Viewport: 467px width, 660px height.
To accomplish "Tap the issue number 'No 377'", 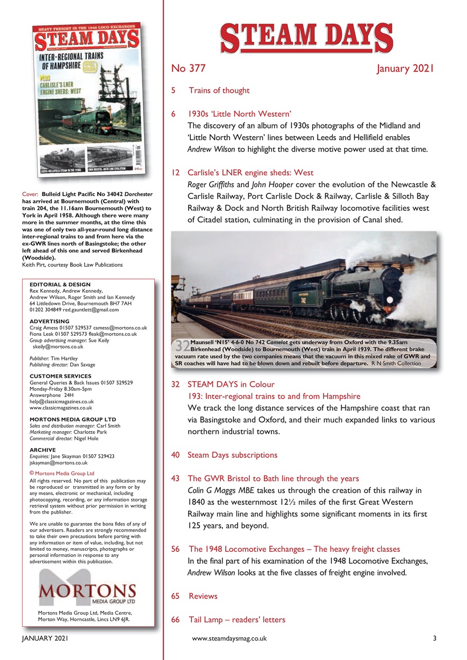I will click(188, 69).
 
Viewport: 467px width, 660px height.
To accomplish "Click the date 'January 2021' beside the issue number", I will click(406, 69).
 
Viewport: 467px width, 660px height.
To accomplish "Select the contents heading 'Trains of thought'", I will click(219, 91).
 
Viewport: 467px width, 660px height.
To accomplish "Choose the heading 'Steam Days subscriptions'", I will click(232, 455).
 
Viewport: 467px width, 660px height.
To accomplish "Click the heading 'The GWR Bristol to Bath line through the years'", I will click(273, 478).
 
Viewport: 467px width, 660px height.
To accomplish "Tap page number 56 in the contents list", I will click(175, 549).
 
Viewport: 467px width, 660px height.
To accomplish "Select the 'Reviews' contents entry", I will click(203, 596).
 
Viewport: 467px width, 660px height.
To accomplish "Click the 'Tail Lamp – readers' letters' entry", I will click(236, 619).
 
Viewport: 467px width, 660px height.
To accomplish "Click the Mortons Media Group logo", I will click(87, 591).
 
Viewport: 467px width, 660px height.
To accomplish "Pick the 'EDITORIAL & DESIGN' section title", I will click(60, 285).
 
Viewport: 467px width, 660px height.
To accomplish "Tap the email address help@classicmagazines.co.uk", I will click(61, 401).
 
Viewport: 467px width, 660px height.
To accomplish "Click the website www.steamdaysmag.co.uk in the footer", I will click(229, 638).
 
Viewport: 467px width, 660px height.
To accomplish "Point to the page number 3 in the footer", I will click(434, 638).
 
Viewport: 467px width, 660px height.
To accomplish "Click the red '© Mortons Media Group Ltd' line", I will click(62, 473).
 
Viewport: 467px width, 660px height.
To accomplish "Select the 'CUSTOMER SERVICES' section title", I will click(60, 376).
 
